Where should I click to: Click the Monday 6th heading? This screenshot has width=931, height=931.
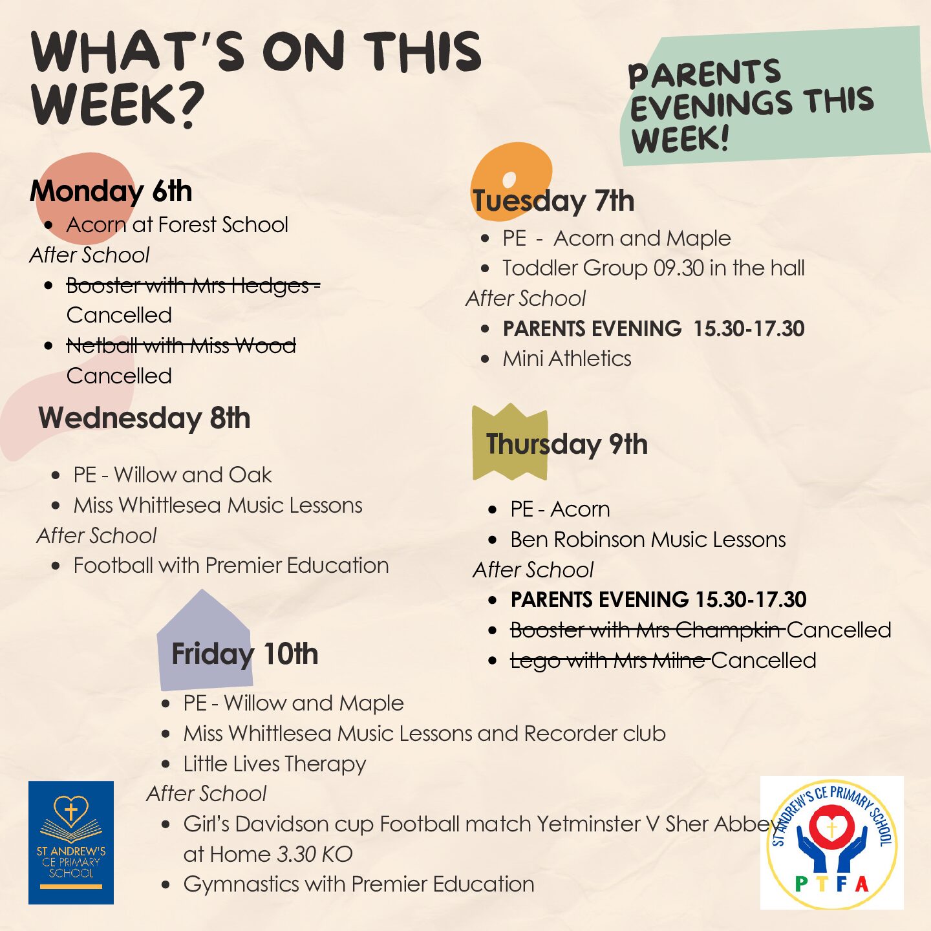111,191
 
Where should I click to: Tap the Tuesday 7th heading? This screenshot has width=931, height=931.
553,200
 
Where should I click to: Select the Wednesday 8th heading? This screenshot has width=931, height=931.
144,418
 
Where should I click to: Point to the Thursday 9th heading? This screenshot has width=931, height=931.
567,444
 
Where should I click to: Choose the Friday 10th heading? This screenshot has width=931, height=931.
245,654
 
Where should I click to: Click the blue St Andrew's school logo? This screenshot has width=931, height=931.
71,842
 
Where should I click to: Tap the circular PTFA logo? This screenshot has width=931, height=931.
832,843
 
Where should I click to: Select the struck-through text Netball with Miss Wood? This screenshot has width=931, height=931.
181,346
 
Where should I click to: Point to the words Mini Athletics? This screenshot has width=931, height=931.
567,359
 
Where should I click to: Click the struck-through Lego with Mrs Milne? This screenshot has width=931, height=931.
610,661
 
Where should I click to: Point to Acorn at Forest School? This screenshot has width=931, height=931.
177,225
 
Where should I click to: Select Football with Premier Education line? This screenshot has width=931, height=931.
231,566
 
